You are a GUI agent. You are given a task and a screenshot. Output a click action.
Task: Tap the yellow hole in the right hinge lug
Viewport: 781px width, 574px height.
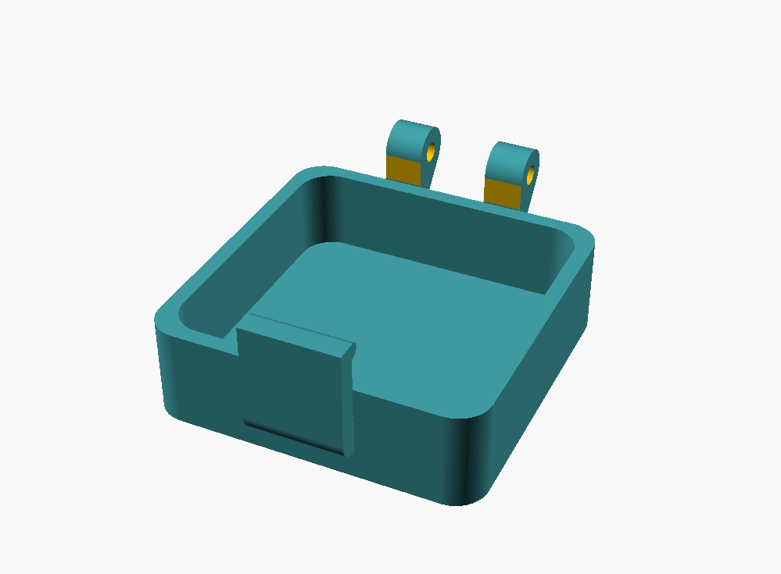[531, 174]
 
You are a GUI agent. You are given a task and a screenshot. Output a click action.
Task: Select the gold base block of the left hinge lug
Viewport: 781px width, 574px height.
[405, 168]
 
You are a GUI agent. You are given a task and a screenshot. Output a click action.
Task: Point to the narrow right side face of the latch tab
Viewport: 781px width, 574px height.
[348, 398]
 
